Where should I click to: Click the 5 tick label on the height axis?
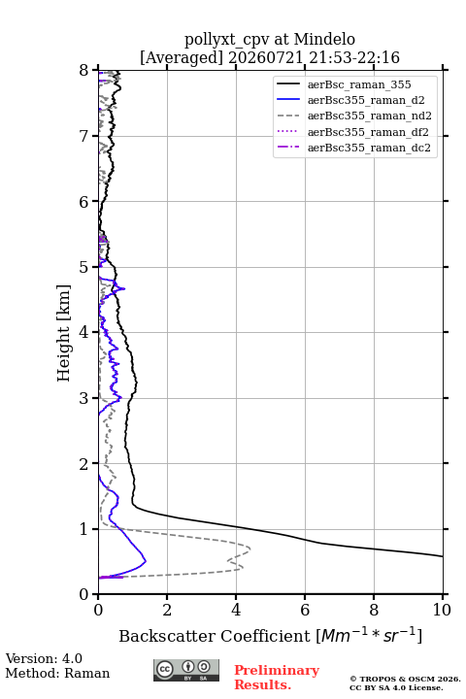pyautogui.click(x=84, y=267)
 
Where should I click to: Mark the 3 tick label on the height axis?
pyautogui.click(x=84, y=398)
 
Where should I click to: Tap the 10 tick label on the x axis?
pyautogui.click(x=442, y=610)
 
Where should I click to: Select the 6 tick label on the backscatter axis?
pyautogui.click(x=305, y=610)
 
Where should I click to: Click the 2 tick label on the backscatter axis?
pyautogui.click(x=167, y=610)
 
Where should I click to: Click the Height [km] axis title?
pyautogui.click(x=64, y=333)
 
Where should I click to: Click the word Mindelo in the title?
pyautogui.click(x=324, y=40)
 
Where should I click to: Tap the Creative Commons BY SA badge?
pyautogui.click(x=186, y=670)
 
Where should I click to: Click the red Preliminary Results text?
pyautogui.click(x=277, y=678)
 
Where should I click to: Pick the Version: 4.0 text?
pyautogui.click(x=44, y=658)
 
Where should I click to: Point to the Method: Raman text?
pyautogui.click(x=57, y=673)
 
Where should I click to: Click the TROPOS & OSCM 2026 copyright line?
pyautogui.click(x=405, y=679)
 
